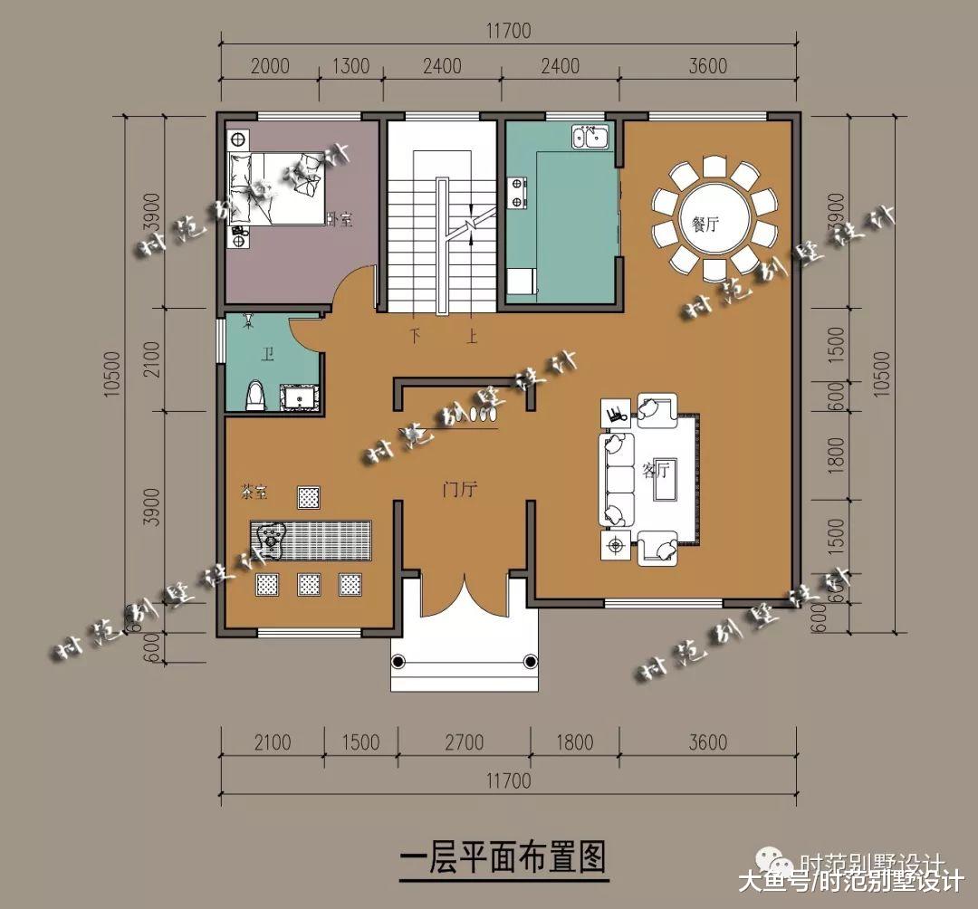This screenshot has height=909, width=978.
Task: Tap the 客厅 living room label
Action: click(655, 470)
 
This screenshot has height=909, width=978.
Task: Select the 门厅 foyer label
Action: click(459, 490)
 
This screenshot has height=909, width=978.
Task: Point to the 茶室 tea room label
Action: click(254, 493)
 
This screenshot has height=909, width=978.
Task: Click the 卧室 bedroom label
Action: click(337, 218)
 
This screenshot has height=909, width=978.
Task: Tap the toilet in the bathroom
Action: click(256, 397)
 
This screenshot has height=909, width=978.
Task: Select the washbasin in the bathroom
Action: click(299, 397)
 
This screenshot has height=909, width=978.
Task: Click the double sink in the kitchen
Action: click(590, 138)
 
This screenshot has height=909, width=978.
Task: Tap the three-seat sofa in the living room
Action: click(618, 479)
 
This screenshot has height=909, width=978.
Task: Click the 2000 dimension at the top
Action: click(269, 66)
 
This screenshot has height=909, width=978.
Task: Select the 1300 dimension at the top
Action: click(351, 66)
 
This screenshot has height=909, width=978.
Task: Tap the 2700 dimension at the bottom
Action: click(464, 743)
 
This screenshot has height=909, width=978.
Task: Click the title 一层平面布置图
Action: click(503, 855)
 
